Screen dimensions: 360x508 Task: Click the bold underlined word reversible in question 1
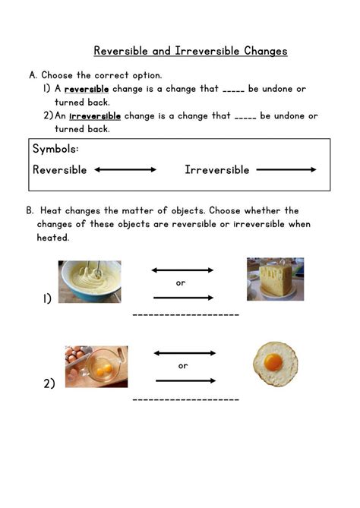point(86,89)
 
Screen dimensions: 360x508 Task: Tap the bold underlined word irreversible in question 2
point(95,116)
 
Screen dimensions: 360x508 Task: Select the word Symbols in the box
point(55,149)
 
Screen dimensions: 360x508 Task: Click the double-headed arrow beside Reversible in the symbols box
point(125,169)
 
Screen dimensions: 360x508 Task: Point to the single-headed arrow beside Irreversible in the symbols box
point(286,169)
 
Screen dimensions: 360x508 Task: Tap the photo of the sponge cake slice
point(275,278)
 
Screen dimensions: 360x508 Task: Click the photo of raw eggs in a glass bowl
point(96,367)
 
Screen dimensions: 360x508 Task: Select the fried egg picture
point(275,364)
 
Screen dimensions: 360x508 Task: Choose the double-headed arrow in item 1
point(182,270)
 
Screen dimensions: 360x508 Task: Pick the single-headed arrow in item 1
point(183,297)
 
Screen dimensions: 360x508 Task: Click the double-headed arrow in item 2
point(185,353)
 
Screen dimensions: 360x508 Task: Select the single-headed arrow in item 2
point(185,380)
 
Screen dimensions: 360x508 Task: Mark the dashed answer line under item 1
point(186,314)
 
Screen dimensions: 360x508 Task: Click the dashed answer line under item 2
point(186,399)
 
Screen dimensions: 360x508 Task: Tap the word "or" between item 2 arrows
point(183,366)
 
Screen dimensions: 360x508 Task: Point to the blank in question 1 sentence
point(233,90)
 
